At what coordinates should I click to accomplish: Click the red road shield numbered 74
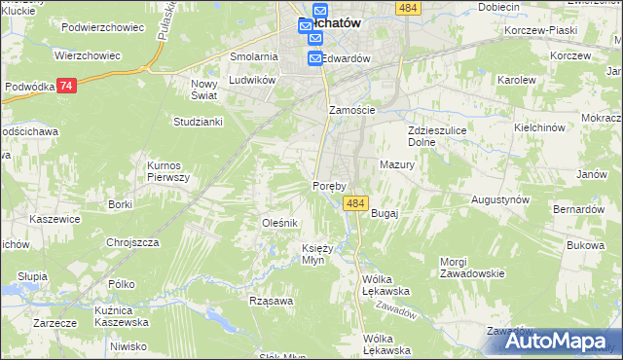(x=65, y=86)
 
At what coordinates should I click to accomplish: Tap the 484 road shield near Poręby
(x=354, y=203)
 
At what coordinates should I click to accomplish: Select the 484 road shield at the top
(x=408, y=7)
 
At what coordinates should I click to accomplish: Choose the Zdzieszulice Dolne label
(x=434, y=136)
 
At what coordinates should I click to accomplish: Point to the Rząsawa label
(x=271, y=301)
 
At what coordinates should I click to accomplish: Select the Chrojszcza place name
(x=132, y=242)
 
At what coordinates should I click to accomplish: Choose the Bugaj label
(x=385, y=212)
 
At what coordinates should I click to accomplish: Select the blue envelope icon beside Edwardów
(x=315, y=59)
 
